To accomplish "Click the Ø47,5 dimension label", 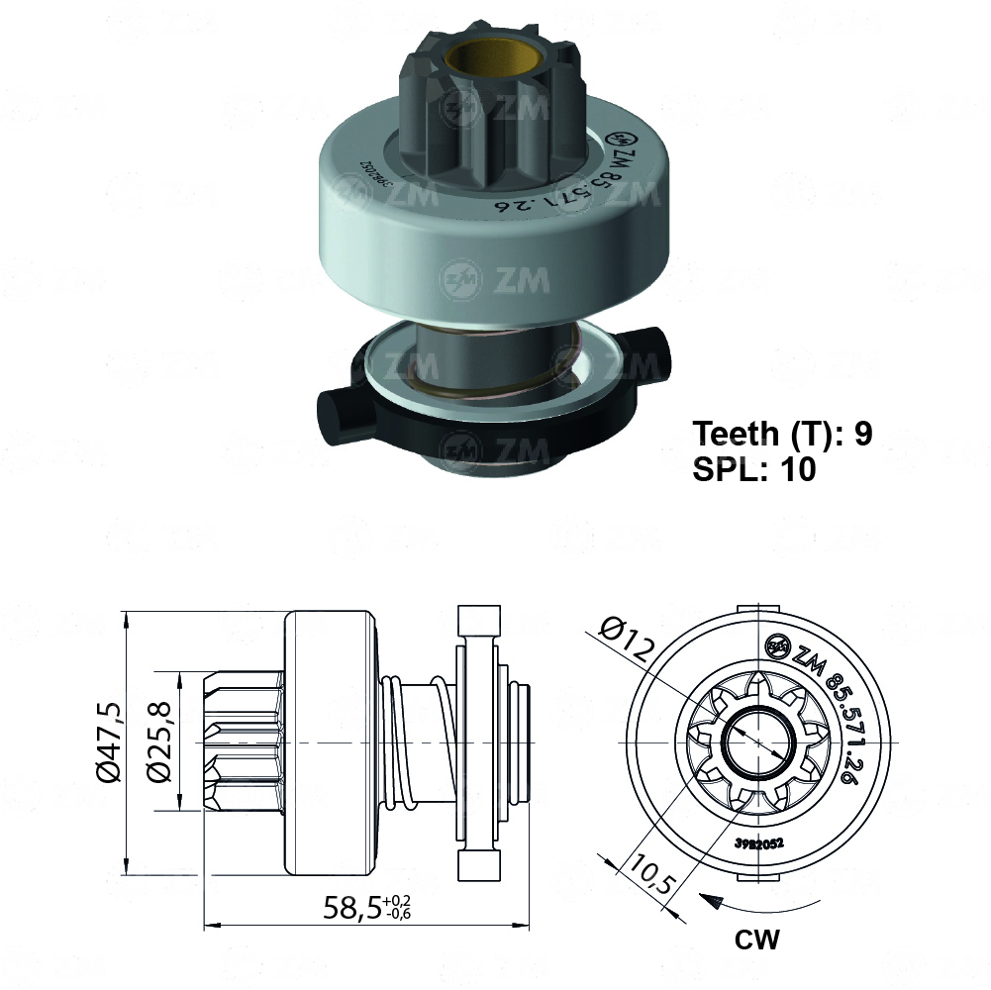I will coord(110,742).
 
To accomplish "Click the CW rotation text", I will coord(756,939).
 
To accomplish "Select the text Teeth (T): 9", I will coord(782,434).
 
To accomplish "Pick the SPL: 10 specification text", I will coord(754,469).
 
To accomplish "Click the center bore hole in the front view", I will coord(758,742).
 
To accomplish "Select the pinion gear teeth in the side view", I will coord(243,742).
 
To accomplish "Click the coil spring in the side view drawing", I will coord(396,742).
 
